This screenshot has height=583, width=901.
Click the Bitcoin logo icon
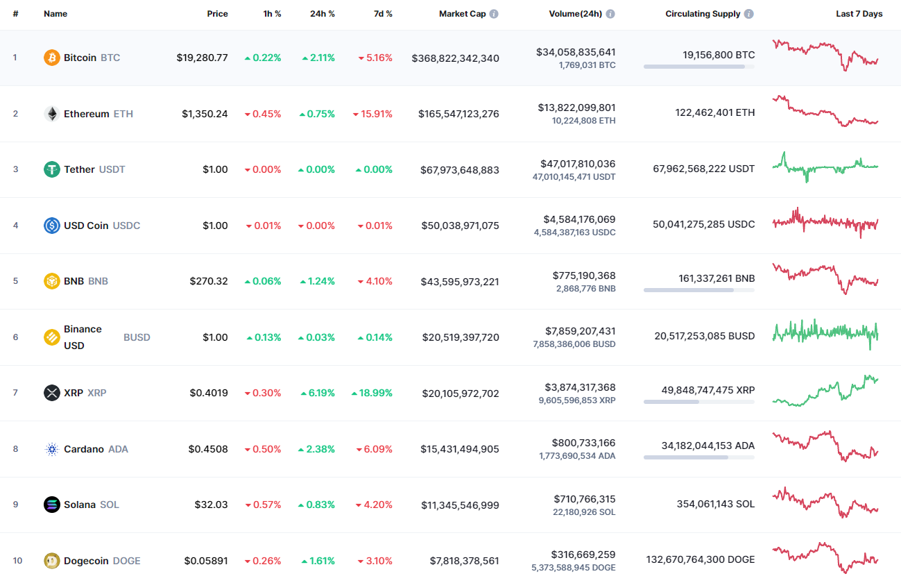tap(52, 58)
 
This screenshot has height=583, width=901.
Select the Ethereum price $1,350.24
tap(205, 114)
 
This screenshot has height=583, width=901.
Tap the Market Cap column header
tap(462, 14)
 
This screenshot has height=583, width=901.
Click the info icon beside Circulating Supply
tap(749, 14)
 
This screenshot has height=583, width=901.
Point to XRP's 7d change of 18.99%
tap(372, 393)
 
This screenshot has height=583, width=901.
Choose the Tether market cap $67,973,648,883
tap(460, 170)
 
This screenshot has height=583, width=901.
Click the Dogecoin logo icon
tap(52, 561)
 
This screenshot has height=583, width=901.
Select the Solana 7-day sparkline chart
tap(825, 504)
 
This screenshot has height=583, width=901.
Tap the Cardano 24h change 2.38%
tap(317, 449)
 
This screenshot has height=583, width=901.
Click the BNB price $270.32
tap(208, 281)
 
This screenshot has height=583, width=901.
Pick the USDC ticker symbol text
tap(126, 226)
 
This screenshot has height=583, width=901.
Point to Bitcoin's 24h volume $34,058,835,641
tap(576, 52)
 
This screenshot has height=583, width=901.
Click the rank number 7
tap(15, 393)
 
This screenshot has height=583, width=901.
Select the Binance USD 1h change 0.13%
tap(264, 337)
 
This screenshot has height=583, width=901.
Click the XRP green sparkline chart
tap(825, 391)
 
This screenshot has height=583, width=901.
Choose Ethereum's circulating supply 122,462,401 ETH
tap(715, 112)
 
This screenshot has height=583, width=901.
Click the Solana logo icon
tap(52, 505)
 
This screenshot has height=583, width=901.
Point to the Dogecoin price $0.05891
tap(206, 561)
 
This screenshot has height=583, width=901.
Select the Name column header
tap(55, 14)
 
